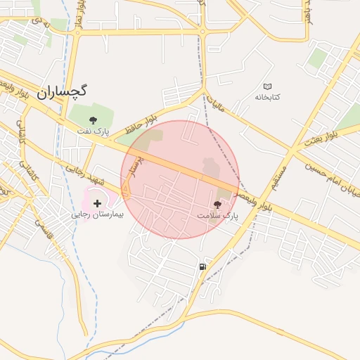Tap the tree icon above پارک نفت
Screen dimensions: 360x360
point(94,120)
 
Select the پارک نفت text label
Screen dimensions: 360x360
point(94,131)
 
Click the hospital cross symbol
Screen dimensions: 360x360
point(97,203)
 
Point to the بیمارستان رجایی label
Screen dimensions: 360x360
point(98,214)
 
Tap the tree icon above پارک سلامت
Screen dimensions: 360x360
point(217,205)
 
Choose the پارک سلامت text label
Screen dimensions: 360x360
point(217,216)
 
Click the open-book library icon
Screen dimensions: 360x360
point(266,86)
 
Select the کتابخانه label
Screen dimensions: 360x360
point(266,96)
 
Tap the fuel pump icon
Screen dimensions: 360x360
point(202,266)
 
